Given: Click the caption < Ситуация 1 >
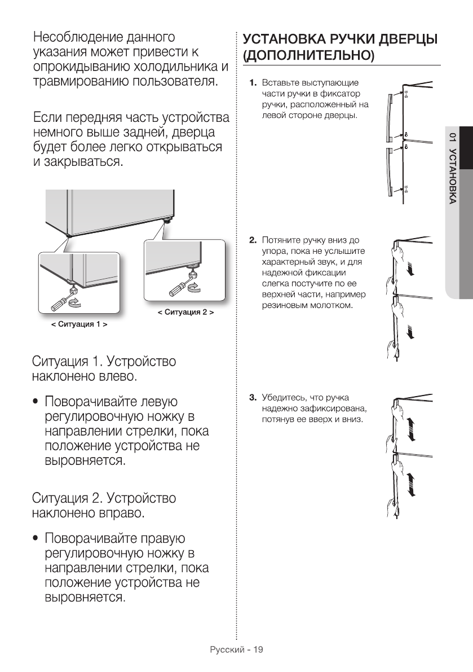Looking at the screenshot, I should coord(79,325).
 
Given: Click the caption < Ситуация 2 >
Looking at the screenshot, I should coord(185,312).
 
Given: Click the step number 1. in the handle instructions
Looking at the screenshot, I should coord(254,83).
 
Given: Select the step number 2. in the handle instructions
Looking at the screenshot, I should coord(254,240).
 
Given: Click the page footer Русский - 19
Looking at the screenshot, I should coord(236,649).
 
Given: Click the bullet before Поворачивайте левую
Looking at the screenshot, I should coord(36,402).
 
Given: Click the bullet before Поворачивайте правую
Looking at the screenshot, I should coord(36,539).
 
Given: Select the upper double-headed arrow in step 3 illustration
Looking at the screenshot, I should coord(410,432).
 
